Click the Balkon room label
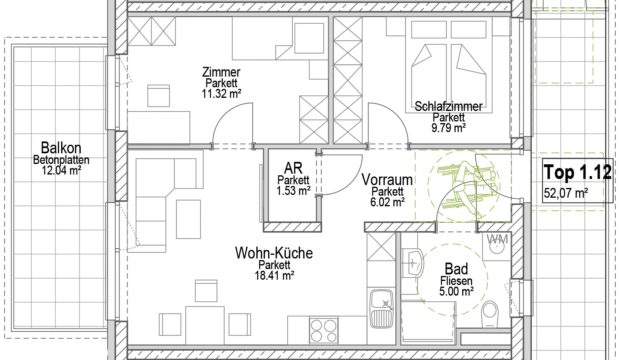[x=61, y=148]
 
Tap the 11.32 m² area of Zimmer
[x=221, y=94]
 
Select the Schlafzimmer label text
[x=449, y=106]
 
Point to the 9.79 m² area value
[x=449, y=128]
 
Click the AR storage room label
[x=293, y=168]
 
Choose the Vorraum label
[x=387, y=180]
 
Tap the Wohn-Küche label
[x=274, y=253]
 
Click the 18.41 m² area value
[x=274, y=275]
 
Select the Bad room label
[x=456, y=269]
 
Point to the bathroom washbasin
[x=412, y=263]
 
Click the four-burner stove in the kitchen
[x=324, y=331]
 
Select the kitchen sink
[x=381, y=309]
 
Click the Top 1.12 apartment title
[x=577, y=172]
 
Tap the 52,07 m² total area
[x=566, y=193]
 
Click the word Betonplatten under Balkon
[x=61, y=160]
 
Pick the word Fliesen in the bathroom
[x=456, y=281]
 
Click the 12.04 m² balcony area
[x=61, y=170]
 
